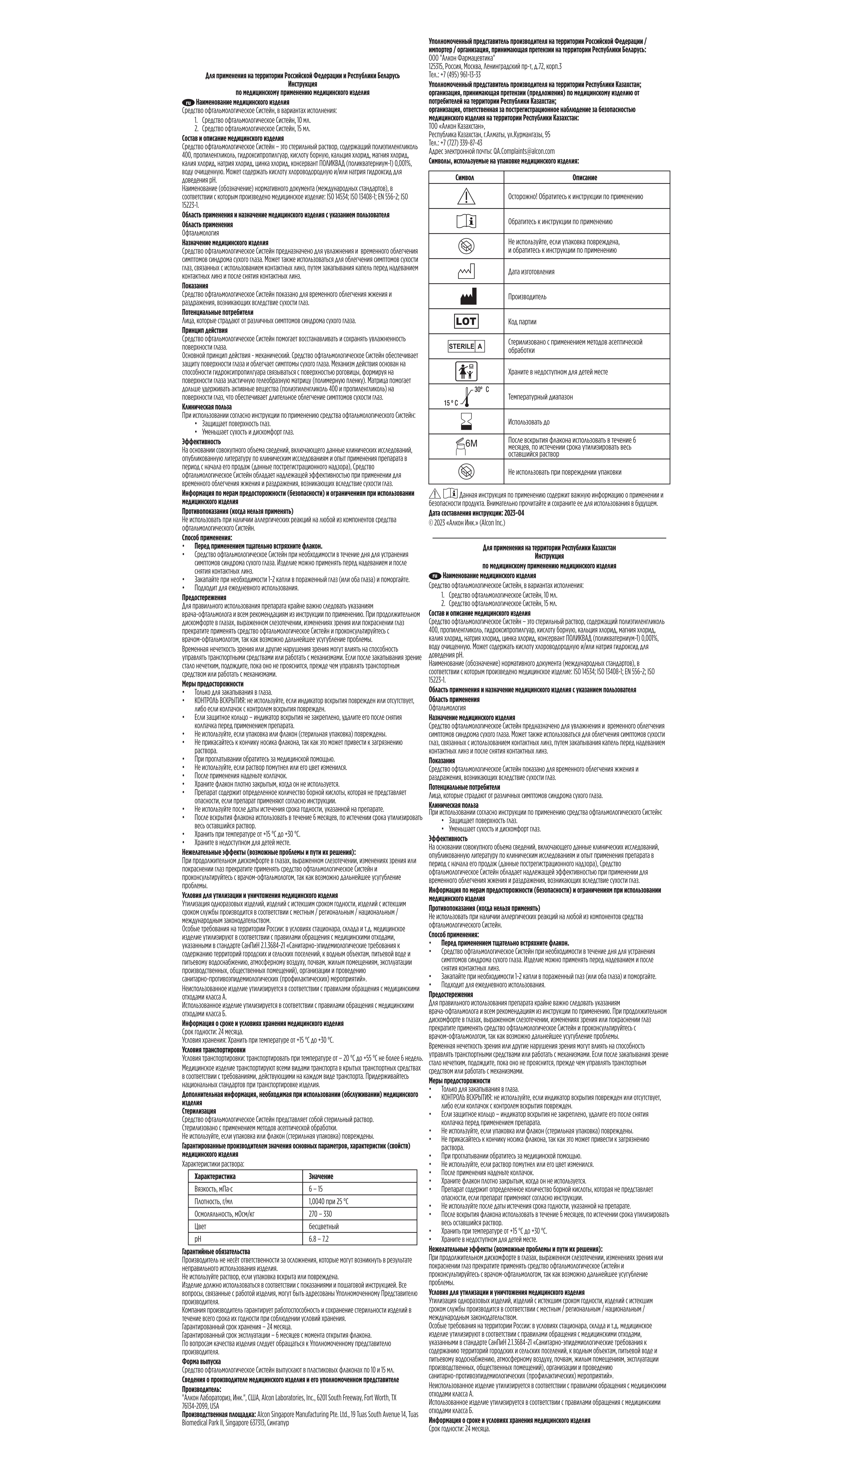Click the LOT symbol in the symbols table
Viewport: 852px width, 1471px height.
click(465, 321)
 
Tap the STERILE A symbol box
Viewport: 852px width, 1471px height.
click(465, 346)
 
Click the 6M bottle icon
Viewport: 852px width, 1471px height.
click(465, 445)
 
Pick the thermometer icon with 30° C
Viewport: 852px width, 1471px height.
click(467, 396)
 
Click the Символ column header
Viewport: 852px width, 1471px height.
click(465, 178)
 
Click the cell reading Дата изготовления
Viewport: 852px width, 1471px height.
click(531, 271)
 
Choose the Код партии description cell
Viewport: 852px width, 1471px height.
click(522, 322)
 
